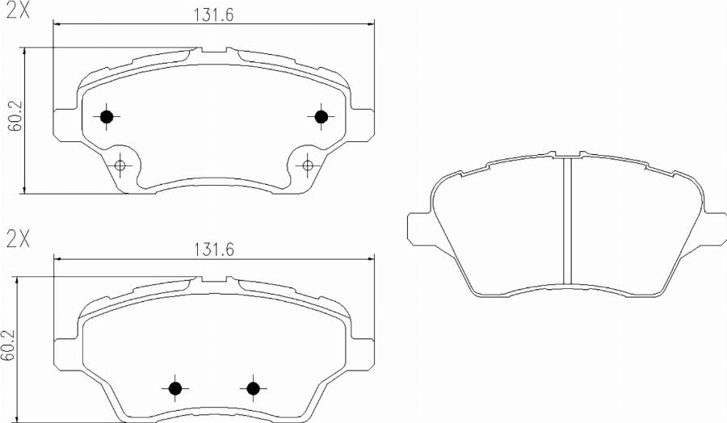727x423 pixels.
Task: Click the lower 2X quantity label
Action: tap(17, 240)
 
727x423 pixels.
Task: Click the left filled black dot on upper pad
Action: tap(106, 117)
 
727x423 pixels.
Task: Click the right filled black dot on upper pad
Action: tap(321, 117)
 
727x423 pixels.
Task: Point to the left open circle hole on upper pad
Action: tap(120, 166)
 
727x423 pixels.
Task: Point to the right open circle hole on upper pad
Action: tap(306, 166)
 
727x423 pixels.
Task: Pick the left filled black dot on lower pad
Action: tap(174, 388)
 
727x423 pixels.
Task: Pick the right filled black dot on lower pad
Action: tap(253, 388)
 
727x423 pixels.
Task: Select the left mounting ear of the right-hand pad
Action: tap(419, 227)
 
